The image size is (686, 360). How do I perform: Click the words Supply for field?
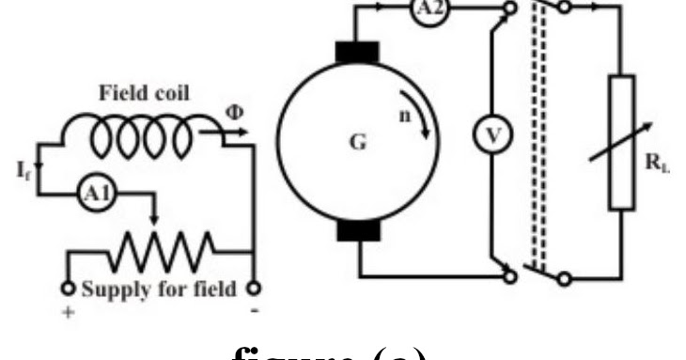click(x=160, y=289)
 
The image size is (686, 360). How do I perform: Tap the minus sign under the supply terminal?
click(x=254, y=308)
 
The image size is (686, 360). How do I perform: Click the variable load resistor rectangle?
click(x=621, y=142)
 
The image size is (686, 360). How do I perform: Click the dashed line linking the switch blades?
click(x=538, y=141)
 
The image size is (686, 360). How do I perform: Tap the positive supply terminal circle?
click(x=68, y=288)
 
